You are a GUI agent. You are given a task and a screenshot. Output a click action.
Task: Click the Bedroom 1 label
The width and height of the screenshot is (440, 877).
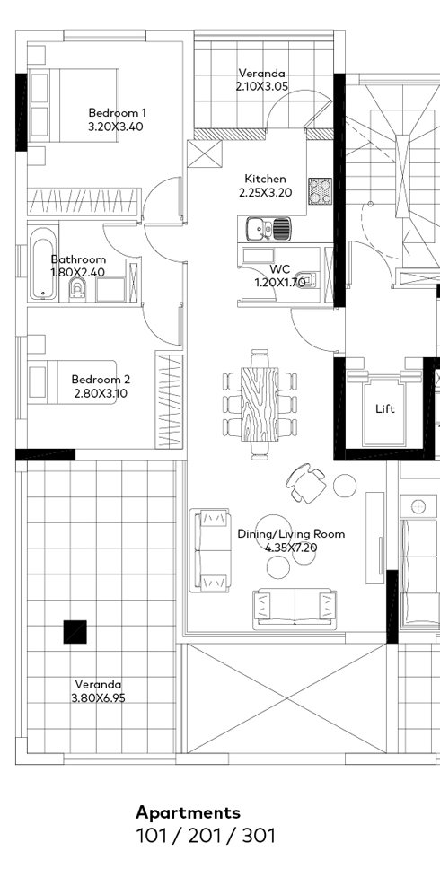[117, 112]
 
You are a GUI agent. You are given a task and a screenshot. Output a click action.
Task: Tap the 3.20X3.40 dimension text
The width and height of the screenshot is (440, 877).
[117, 127]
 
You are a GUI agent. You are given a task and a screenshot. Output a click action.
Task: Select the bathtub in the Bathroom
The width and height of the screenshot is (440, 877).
[41, 266]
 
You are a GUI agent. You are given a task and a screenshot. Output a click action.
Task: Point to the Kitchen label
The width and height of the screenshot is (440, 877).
[266, 179]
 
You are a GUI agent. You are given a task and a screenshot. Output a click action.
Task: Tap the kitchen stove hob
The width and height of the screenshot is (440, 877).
[320, 190]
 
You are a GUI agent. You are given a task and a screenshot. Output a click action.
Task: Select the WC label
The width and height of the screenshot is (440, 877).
[279, 268]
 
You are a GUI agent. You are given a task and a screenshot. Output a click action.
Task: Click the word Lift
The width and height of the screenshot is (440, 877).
[385, 408]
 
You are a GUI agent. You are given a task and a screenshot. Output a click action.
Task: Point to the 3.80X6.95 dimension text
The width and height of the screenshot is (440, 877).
[100, 697]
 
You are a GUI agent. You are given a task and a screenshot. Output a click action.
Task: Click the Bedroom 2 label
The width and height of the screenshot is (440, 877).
[101, 379]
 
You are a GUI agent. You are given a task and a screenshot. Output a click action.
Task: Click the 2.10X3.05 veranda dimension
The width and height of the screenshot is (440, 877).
[261, 87]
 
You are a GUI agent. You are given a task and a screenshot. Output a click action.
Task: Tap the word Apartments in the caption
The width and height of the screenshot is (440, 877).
[188, 812]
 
